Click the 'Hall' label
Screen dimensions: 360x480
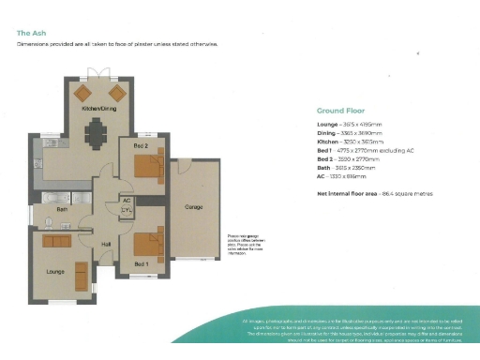[x=106, y=242]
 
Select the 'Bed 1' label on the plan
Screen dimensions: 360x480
[x=141, y=264]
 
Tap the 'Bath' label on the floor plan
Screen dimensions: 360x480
[x=62, y=209]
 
